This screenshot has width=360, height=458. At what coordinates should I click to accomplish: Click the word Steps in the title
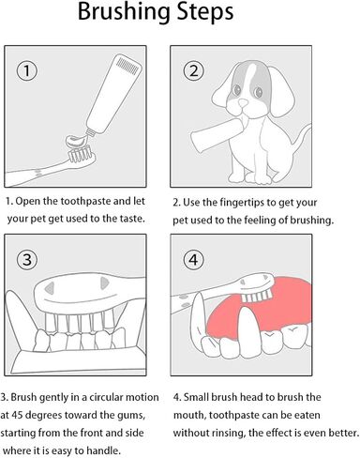coord(205,12)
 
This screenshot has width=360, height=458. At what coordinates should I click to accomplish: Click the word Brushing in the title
coord(125,13)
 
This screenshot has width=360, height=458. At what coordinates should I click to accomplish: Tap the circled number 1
coord(27,70)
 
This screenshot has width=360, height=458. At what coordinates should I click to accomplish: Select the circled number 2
coord(194,70)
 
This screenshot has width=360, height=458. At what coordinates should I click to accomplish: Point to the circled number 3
coord(27,260)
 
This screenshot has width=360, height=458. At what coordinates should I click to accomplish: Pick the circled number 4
coord(194,260)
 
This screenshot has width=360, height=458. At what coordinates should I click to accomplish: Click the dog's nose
coord(243,102)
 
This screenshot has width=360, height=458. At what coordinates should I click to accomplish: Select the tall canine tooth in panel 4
coord(249,331)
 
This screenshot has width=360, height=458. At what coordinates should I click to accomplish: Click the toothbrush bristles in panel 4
coord(257,297)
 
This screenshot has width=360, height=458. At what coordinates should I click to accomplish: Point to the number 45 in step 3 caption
coord(17,415)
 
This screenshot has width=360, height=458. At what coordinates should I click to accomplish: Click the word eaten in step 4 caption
coord(307,415)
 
